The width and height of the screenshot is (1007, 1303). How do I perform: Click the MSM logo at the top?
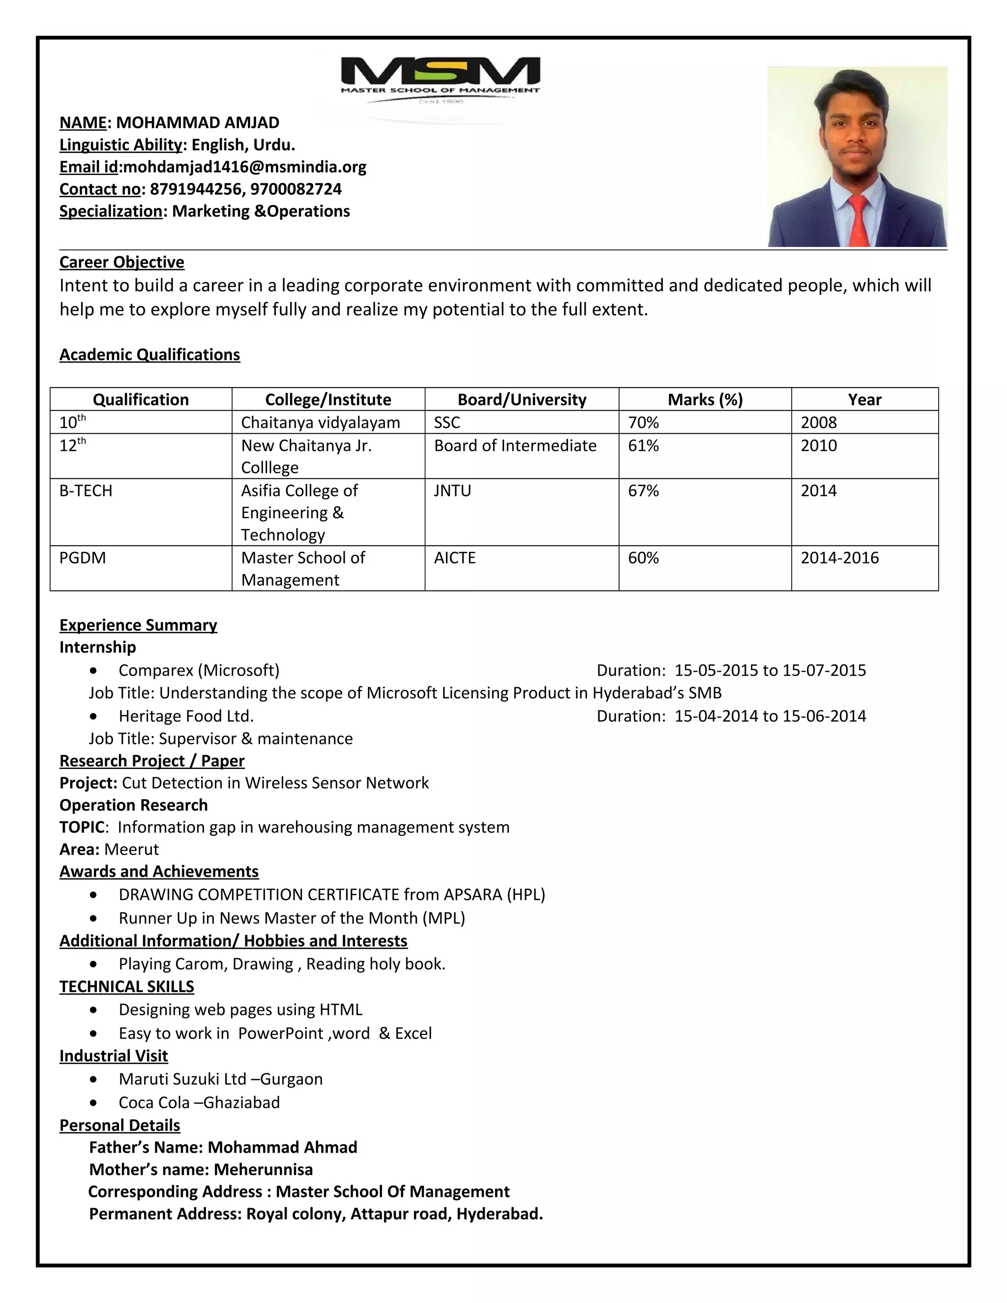[x=440, y=78]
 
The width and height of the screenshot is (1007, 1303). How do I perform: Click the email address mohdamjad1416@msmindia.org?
[x=244, y=167]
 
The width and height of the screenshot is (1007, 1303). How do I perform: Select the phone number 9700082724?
[x=296, y=189]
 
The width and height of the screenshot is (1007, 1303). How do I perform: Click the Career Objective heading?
[x=122, y=263]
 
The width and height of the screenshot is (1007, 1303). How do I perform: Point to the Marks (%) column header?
[x=705, y=400]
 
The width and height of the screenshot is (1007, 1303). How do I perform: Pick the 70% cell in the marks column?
[x=643, y=422]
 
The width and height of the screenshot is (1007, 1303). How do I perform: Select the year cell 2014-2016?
[x=839, y=558]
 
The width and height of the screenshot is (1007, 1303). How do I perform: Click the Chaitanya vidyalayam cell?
[x=321, y=422]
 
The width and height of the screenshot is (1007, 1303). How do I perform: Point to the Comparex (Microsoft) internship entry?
[x=199, y=671]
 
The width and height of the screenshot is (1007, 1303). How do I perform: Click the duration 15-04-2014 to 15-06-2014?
[x=770, y=716]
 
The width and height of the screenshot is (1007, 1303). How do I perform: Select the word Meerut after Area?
[x=131, y=850]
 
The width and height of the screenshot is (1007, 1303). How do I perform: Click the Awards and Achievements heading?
[x=159, y=872]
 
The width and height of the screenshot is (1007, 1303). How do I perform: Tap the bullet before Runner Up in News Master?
[x=93, y=919]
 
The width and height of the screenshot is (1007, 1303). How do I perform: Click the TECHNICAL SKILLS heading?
[x=126, y=987]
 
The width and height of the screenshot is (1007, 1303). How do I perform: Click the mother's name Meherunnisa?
[x=263, y=1169]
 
